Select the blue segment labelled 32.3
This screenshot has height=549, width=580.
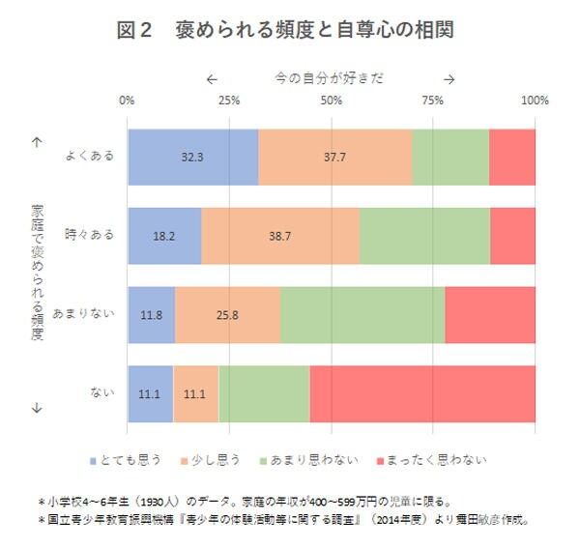[x=192, y=157]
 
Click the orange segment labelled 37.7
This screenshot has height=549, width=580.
[x=335, y=157]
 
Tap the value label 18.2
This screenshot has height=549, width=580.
[x=163, y=235]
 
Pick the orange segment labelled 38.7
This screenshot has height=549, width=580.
[x=280, y=235]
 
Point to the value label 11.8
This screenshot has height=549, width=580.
[x=151, y=314]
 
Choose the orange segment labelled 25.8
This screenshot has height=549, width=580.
[x=227, y=314]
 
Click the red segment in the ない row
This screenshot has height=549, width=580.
[x=421, y=393]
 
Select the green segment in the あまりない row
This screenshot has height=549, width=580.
[x=362, y=314]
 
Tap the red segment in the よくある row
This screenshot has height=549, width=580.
[x=511, y=157]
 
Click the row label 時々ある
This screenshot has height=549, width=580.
[x=90, y=235]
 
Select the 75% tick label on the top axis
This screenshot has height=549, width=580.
[x=433, y=101]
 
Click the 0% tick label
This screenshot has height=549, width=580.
[x=127, y=101]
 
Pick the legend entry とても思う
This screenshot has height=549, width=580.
[x=132, y=460]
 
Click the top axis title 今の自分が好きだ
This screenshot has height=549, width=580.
[x=329, y=78]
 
